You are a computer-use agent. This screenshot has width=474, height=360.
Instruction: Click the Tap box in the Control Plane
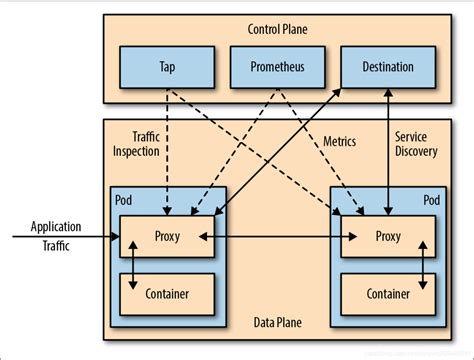point(166,69)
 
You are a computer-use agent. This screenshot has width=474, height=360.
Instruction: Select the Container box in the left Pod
point(166,295)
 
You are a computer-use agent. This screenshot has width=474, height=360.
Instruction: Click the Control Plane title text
point(277,30)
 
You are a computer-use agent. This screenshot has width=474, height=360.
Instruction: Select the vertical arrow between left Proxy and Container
point(131,267)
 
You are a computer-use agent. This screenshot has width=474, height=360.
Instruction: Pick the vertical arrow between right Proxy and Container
point(424,267)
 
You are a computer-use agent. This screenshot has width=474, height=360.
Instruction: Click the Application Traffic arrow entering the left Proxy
point(60,238)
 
